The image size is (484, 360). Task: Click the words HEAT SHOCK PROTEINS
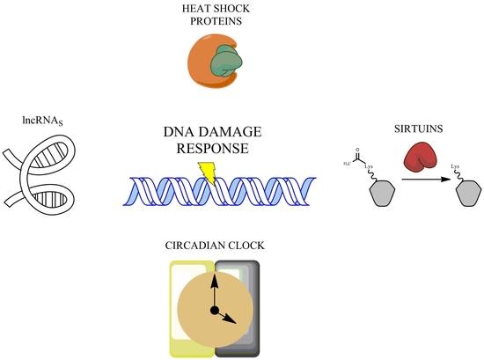click(x=214, y=14)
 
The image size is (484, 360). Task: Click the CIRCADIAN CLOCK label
click(x=213, y=246)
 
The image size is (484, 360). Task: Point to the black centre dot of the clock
click(x=214, y=311)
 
